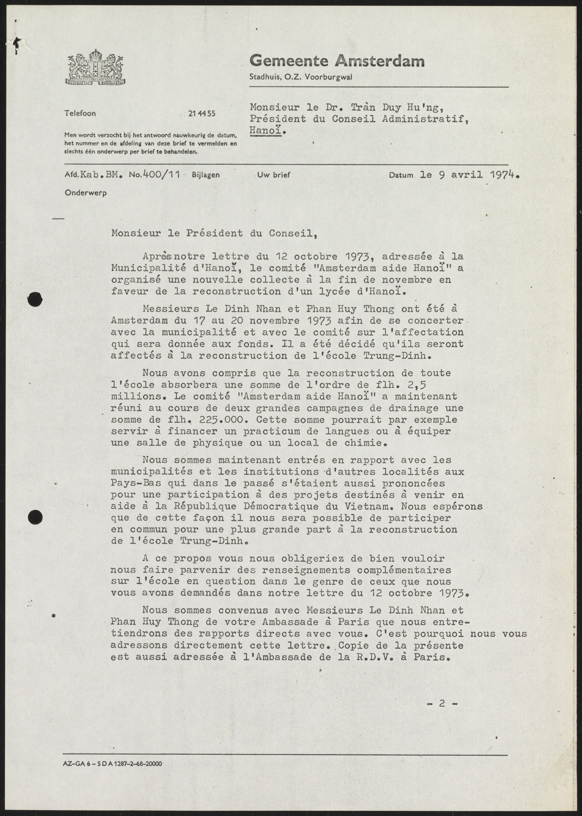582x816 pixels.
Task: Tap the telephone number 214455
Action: [x=202, y=114]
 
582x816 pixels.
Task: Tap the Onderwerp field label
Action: [x=86, y=193]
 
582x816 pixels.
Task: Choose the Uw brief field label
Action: [x=273, y=175]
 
